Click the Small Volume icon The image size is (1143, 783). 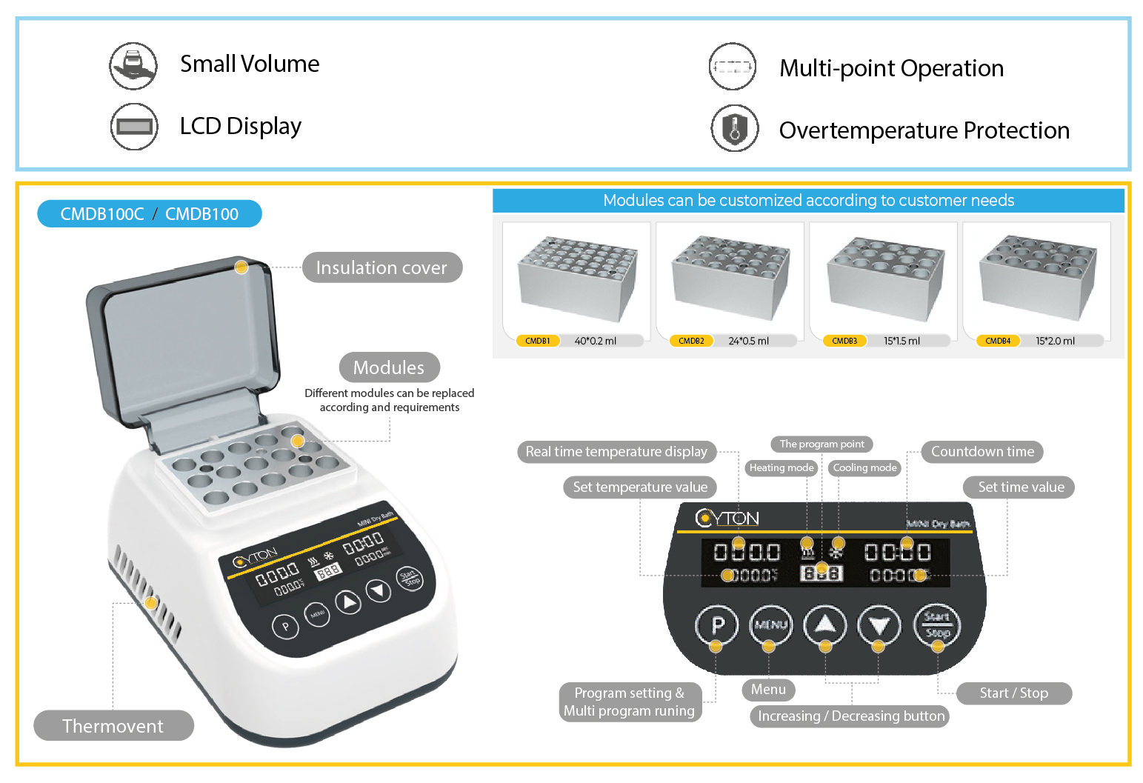[x=133, y=66]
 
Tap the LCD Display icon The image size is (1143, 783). [x=134, y=127]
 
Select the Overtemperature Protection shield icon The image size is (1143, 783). [x=735, y=128]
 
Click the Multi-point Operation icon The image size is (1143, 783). [x=733, y=67]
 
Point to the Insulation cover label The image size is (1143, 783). [x=381, y=267]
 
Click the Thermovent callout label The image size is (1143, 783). [x=113, y=726]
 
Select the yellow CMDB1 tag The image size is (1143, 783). [x=538, y=341]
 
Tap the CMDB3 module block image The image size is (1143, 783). [x=885, y=279]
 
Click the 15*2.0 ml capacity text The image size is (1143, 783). [x=1055, y=341]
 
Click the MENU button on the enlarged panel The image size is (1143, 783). [x=770, y=625]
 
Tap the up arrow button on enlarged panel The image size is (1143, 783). [x=825, y=625]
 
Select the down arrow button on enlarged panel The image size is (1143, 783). [x=879, y=626]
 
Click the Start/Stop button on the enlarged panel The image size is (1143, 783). [x=937, y=625]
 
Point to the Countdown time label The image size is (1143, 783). [x=982, y=452]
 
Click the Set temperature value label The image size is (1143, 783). [x=640, y=487]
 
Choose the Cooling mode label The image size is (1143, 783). [x=864, y=467]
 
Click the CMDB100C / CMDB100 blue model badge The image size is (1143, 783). [x=150, y=214]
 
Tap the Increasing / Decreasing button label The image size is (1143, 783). [x=850, y=716]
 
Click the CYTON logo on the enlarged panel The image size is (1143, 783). [x=727, y=518]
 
